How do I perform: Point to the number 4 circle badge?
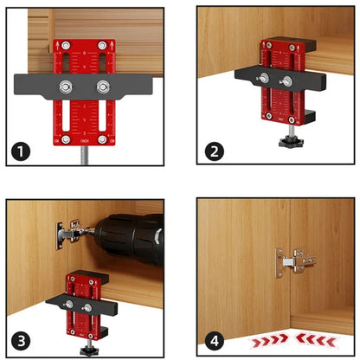click(214, 340)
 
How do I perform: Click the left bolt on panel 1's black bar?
click(65, 87)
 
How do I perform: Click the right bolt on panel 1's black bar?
click(104, 87)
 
